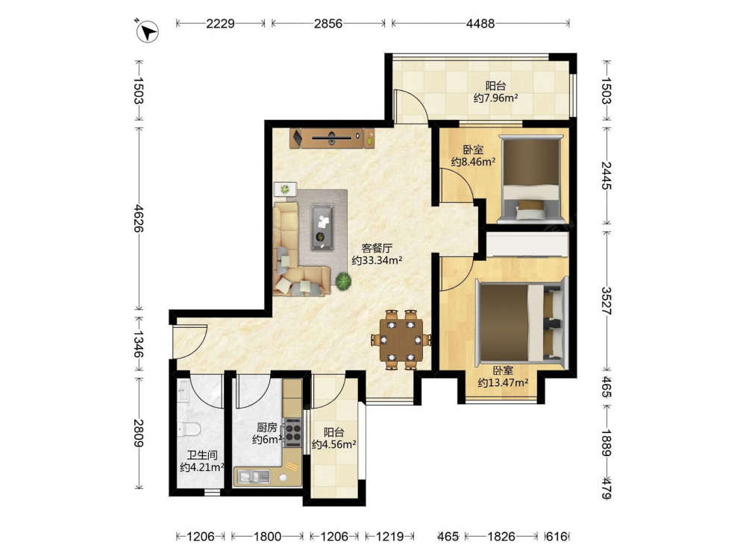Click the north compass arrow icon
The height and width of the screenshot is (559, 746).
(x=147, y=31)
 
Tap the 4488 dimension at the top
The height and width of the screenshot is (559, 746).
(x=480, y=23)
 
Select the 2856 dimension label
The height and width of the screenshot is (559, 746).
(x=327, y=23)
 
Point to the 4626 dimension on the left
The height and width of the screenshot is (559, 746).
(x=139, y=218)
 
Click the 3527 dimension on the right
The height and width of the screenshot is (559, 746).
(x=606, y=300)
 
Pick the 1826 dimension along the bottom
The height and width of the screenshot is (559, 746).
(x=501, y=536)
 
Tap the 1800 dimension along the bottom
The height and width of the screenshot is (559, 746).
(x=267, y=536)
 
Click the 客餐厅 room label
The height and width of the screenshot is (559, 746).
(x=377, y=248)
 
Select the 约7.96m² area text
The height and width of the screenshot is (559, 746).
(x=496, y=98)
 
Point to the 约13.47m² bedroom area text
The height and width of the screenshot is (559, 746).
(x=503, y=382)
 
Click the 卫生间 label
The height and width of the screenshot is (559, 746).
(x=201, y=455)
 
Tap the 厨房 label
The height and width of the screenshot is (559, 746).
(x=266, y=427)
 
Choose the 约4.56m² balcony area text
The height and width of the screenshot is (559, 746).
(x=334, y=445)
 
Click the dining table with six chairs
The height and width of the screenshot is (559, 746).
(x=401, y=339)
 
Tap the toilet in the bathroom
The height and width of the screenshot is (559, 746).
(x=189, y=430)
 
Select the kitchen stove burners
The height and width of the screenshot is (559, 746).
(x=293, y=432)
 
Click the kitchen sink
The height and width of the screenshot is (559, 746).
(x=254, y=476)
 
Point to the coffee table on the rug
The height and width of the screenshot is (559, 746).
(x=322, y=227)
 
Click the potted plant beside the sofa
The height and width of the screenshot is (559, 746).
(x=343, y=281)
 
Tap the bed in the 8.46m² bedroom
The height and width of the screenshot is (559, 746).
(x=530, y=179)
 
